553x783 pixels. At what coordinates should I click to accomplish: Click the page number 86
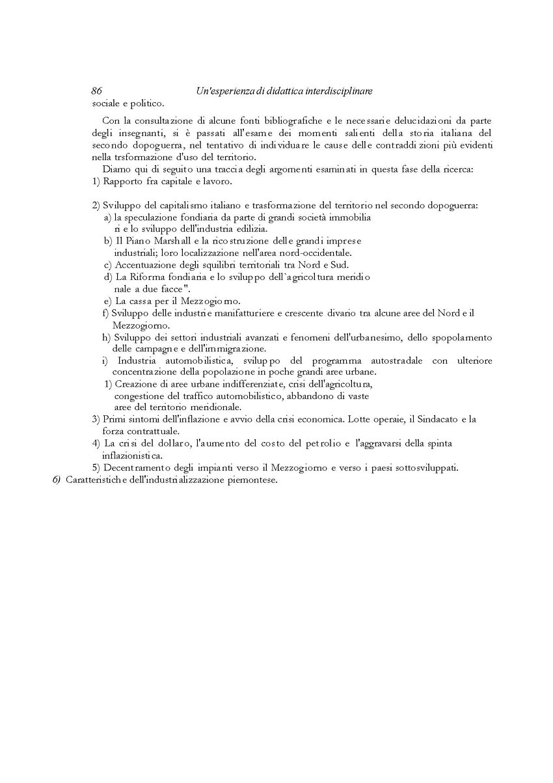[x=97, y=92]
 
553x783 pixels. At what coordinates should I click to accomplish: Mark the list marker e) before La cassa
[x=107, y=301]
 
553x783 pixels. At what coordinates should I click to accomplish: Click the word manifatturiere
[x=243, y=313]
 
